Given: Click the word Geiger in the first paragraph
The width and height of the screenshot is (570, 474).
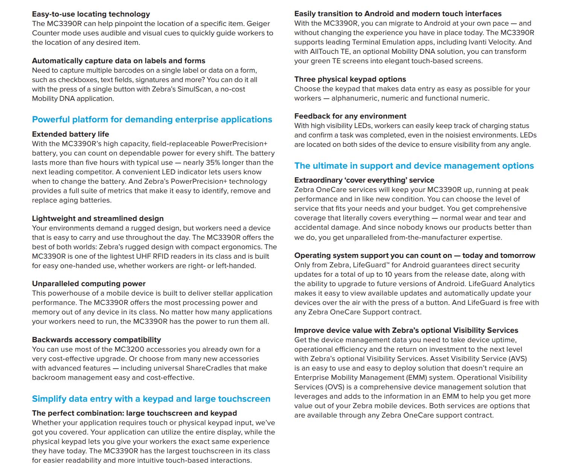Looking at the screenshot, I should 258,24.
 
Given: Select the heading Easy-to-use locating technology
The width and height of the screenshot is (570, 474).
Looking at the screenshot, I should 91,14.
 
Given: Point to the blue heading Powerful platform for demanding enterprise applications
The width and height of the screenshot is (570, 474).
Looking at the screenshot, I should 152,120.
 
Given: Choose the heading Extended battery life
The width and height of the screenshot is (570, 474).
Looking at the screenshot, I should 70,134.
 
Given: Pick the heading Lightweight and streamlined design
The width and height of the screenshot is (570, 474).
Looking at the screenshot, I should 97,219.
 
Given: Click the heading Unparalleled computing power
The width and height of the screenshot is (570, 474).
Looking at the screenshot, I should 88,284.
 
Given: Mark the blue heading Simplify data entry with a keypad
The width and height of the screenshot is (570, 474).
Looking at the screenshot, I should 151,399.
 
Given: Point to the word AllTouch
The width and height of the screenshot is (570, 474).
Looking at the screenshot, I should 324,52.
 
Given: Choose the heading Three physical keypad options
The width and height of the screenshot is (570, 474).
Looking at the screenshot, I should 350,79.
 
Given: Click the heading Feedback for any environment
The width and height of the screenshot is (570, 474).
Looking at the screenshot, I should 350,116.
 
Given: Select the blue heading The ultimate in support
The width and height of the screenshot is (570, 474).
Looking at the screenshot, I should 414,166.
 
